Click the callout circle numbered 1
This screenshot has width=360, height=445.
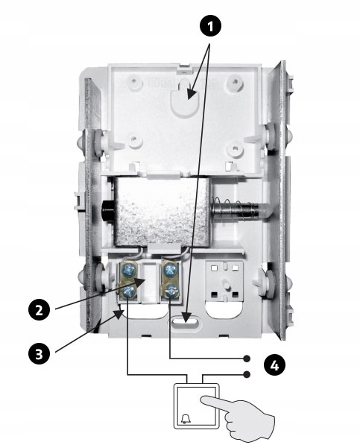point(210,26)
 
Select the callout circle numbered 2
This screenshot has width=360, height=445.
point(40,309)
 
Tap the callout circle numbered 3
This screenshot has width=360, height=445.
point(40,354)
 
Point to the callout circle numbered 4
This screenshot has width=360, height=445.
point(274,365)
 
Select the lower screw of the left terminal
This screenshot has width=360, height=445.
point(127,291)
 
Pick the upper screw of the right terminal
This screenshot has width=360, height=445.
point(169,270)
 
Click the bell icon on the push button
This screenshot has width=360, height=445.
point(186,419)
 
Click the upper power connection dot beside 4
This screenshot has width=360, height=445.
point(247,359)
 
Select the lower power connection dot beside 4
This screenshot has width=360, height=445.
point(247,375)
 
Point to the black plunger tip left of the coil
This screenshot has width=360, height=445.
point(108,212)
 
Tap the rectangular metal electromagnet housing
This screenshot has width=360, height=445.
point(162,211)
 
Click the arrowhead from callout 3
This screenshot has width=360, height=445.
point(120,313)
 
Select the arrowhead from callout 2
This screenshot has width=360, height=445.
point(141,282)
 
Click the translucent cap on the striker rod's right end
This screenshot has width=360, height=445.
point(265,211)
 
